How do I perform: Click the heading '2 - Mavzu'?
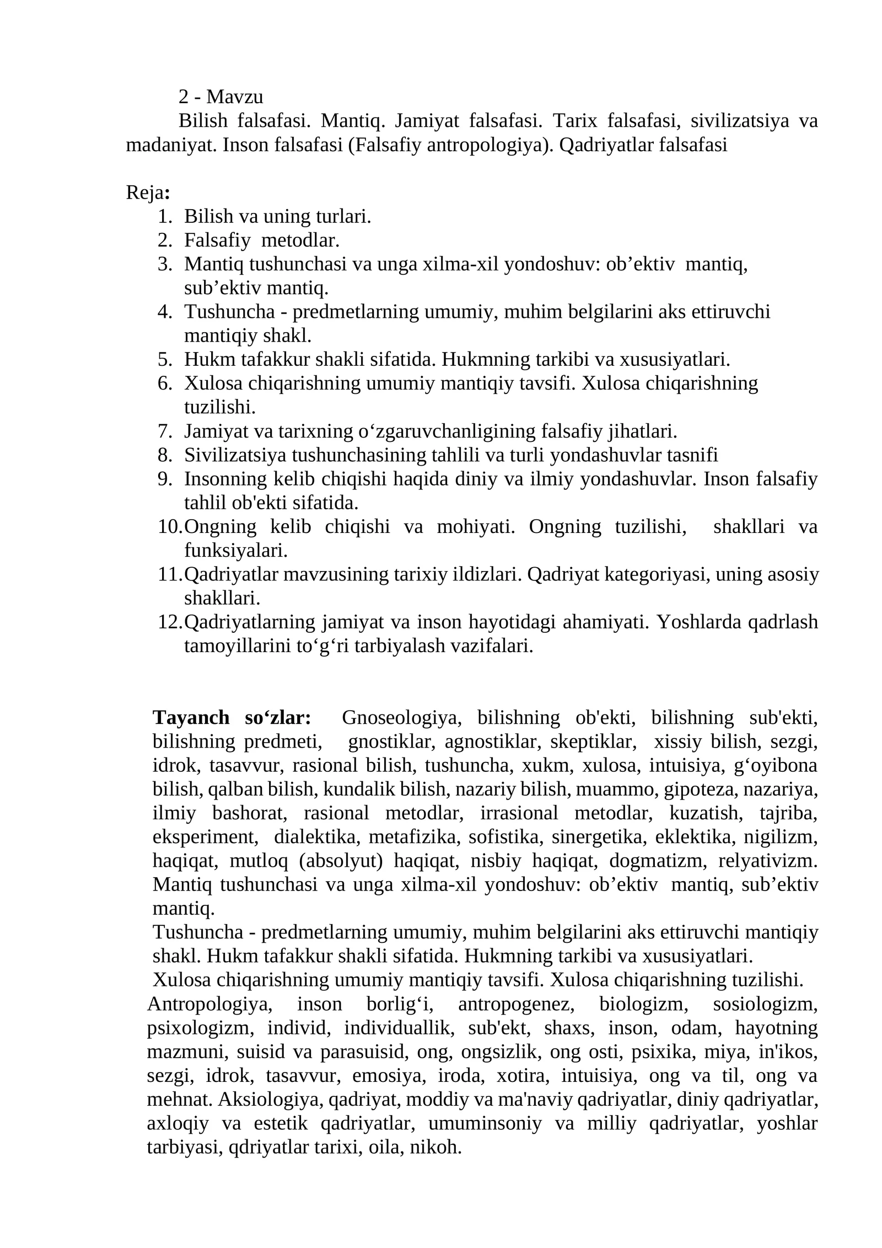tap(220, 97)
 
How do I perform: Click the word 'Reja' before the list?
tap(145, 193)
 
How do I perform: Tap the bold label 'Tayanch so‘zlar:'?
tap(232, 718)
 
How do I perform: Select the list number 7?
tap(165, 431)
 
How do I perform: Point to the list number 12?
tap(169, 622)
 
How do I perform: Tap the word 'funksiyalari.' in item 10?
tap(236, 551)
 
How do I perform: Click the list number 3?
tap(165, 264)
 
